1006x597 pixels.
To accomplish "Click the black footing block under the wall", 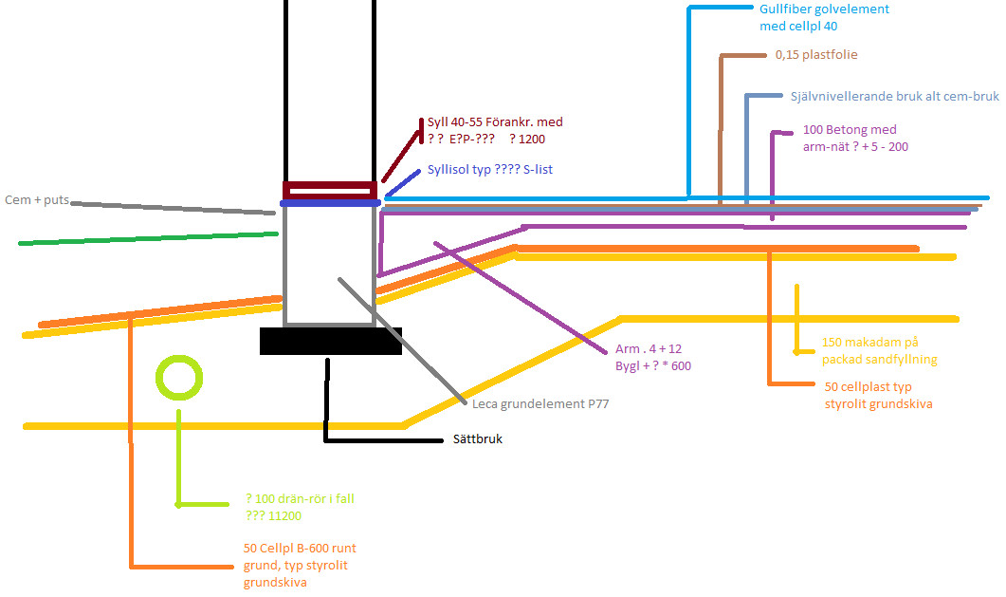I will coord(330,342).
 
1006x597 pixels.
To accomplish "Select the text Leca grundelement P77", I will coord(540,402).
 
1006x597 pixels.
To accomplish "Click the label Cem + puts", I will coord(37,200).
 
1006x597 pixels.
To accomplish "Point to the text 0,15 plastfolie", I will coord(815,55).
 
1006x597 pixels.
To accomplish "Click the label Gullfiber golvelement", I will coord(824,9).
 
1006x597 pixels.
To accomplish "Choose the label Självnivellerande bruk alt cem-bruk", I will coord(894,97).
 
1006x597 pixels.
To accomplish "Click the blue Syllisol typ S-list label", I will coord(489,170).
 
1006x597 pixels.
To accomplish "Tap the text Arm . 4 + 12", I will coord(649,348).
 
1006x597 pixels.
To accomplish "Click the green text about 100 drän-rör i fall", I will coord(300,498).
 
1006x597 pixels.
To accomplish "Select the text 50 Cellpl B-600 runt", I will coord(300,549).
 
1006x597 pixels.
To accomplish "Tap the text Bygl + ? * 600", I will coord(653,365).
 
